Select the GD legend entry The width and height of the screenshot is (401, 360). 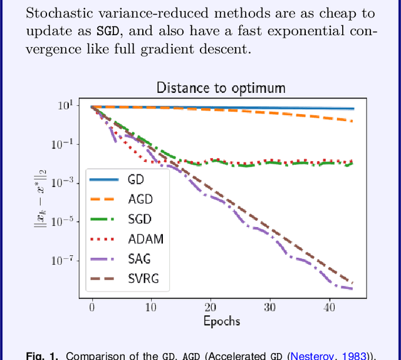pos(136,179)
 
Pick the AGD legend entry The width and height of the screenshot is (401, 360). pos(140,199)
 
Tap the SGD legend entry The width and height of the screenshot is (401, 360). pos(140,220)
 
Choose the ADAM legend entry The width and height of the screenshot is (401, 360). pos(145,239)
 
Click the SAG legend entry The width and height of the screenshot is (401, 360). pos(139,259)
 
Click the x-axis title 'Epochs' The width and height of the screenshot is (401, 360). pos(221,321)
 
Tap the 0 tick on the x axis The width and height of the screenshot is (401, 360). pos(92,307)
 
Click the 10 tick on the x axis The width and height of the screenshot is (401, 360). pos(151,307)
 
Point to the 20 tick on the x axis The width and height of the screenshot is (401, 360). pos(211,307)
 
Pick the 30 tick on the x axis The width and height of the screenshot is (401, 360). pos(269,307)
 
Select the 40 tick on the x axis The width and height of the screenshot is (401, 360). pos(328,307)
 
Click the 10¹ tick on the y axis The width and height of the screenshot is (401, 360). pos(66,105)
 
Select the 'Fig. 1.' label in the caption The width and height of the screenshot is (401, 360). pos(42,356)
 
